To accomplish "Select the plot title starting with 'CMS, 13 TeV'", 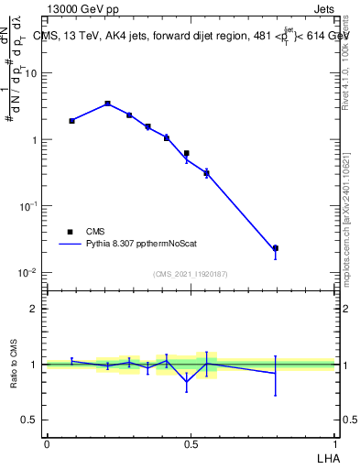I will pos(191,37).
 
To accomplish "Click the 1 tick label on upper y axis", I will pos(36,140).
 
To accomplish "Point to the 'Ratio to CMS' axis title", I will pos(14,365).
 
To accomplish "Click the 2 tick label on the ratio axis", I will pos(36,309).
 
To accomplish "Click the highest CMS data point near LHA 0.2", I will pos(107,104).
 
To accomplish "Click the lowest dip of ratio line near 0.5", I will pos(187,383).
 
